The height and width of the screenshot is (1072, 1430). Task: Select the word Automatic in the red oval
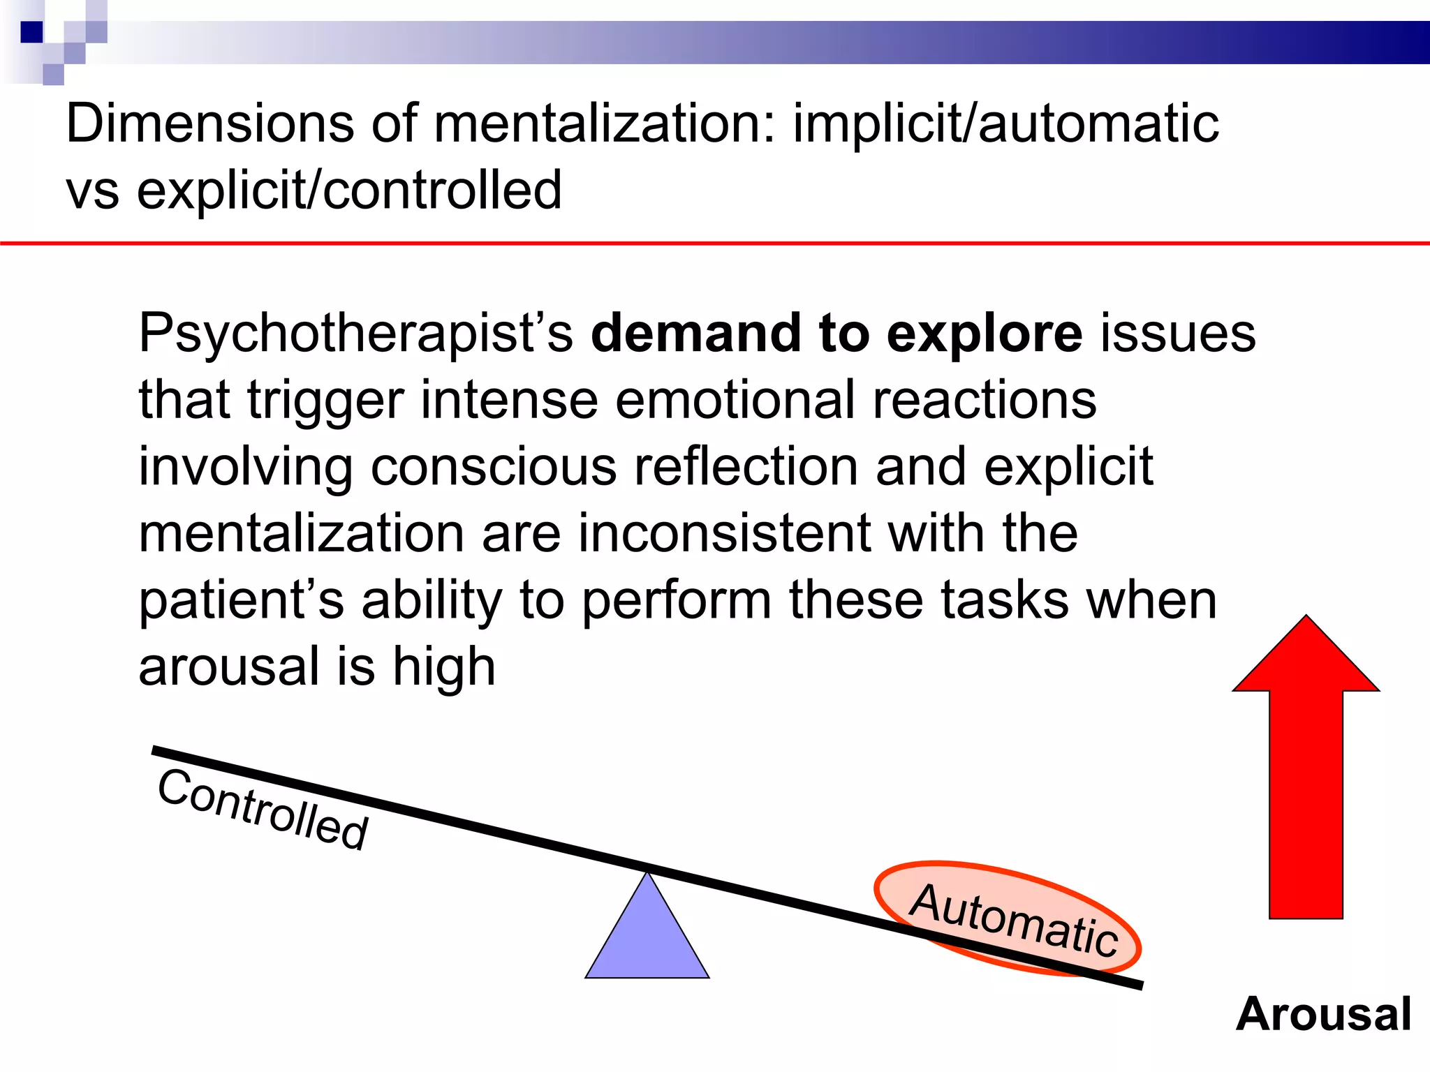[1014, 919]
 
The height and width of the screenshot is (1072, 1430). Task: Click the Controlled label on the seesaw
[263, 810]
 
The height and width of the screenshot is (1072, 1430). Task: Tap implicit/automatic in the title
[1005, 124]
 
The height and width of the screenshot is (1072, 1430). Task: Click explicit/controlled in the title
[349, 190]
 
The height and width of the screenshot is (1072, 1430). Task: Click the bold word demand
[695, 334]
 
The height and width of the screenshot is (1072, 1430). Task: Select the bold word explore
[985, 334]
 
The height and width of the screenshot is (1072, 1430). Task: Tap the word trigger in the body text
[325, 401]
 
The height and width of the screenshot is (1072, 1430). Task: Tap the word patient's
[242, 600]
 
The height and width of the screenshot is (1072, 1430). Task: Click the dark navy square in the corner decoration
[32, 32]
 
